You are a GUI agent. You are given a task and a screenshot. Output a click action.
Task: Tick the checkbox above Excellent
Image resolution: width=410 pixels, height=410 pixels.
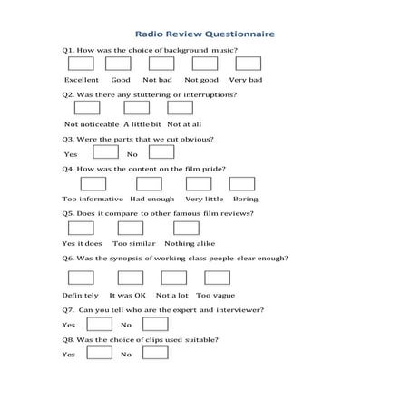pos(81,63)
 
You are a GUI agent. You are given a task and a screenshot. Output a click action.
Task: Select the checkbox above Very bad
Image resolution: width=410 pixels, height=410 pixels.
pos(248,63)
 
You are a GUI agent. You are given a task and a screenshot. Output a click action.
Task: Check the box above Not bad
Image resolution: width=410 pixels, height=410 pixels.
pos(161,63)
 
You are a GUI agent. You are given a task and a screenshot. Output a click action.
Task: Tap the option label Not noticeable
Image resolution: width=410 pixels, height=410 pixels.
pos(90,123)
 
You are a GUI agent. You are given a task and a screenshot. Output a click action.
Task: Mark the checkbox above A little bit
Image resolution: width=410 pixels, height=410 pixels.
pos(136,108)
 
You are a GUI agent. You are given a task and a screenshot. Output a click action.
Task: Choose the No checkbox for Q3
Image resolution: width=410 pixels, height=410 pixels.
pos(153,151)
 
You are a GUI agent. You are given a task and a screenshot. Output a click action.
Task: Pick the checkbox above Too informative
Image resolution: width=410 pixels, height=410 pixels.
pos(81,182)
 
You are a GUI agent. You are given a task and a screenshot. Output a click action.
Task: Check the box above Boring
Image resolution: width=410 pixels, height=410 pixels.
pos(243,182)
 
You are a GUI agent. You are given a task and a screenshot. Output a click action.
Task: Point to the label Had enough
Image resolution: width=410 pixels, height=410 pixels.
pos(151,198)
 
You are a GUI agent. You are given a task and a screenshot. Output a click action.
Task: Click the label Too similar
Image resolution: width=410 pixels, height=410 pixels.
pos(133,243)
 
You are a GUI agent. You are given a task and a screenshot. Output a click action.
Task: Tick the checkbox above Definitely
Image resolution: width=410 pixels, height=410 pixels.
pos(81,278)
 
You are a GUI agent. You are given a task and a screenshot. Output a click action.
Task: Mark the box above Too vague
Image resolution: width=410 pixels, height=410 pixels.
pos(217,278)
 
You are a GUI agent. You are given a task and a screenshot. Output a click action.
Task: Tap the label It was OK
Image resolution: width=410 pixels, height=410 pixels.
pos(127,295)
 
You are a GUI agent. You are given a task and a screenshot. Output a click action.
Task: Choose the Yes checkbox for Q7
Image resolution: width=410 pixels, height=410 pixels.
pos(99,324)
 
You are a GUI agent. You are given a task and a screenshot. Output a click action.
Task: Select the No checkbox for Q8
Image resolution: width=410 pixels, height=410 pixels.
pos(156,352)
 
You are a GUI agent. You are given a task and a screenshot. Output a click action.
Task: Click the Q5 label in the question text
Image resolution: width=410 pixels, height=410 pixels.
pos(68,213)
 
